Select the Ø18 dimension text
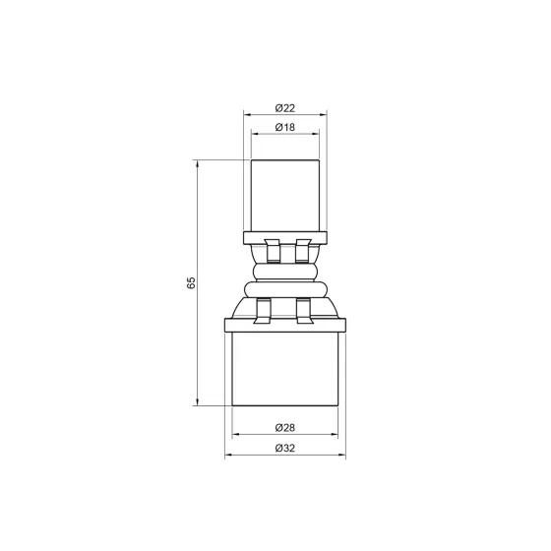(284, 127)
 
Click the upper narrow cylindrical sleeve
(284, 192)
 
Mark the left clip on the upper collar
(268, 250)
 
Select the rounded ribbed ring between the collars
(284, 271)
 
